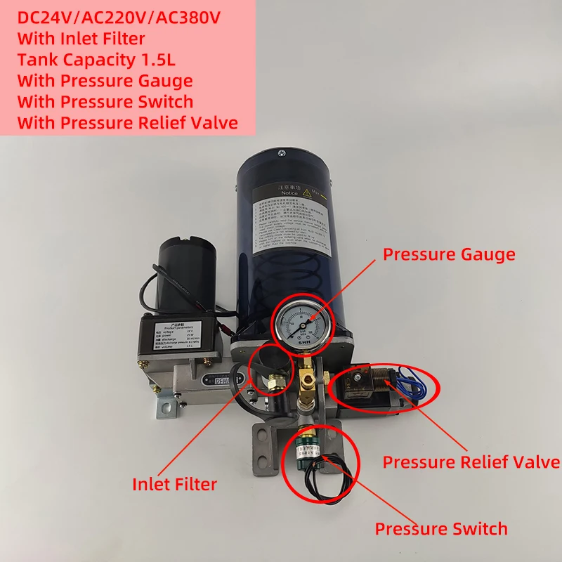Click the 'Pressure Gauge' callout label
449,254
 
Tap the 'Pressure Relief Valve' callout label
471,462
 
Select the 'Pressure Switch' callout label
441,528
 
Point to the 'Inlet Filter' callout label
175,483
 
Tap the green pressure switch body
306,449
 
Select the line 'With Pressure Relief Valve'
127,123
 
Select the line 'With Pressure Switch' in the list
105,102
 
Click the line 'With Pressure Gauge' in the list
105,81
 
